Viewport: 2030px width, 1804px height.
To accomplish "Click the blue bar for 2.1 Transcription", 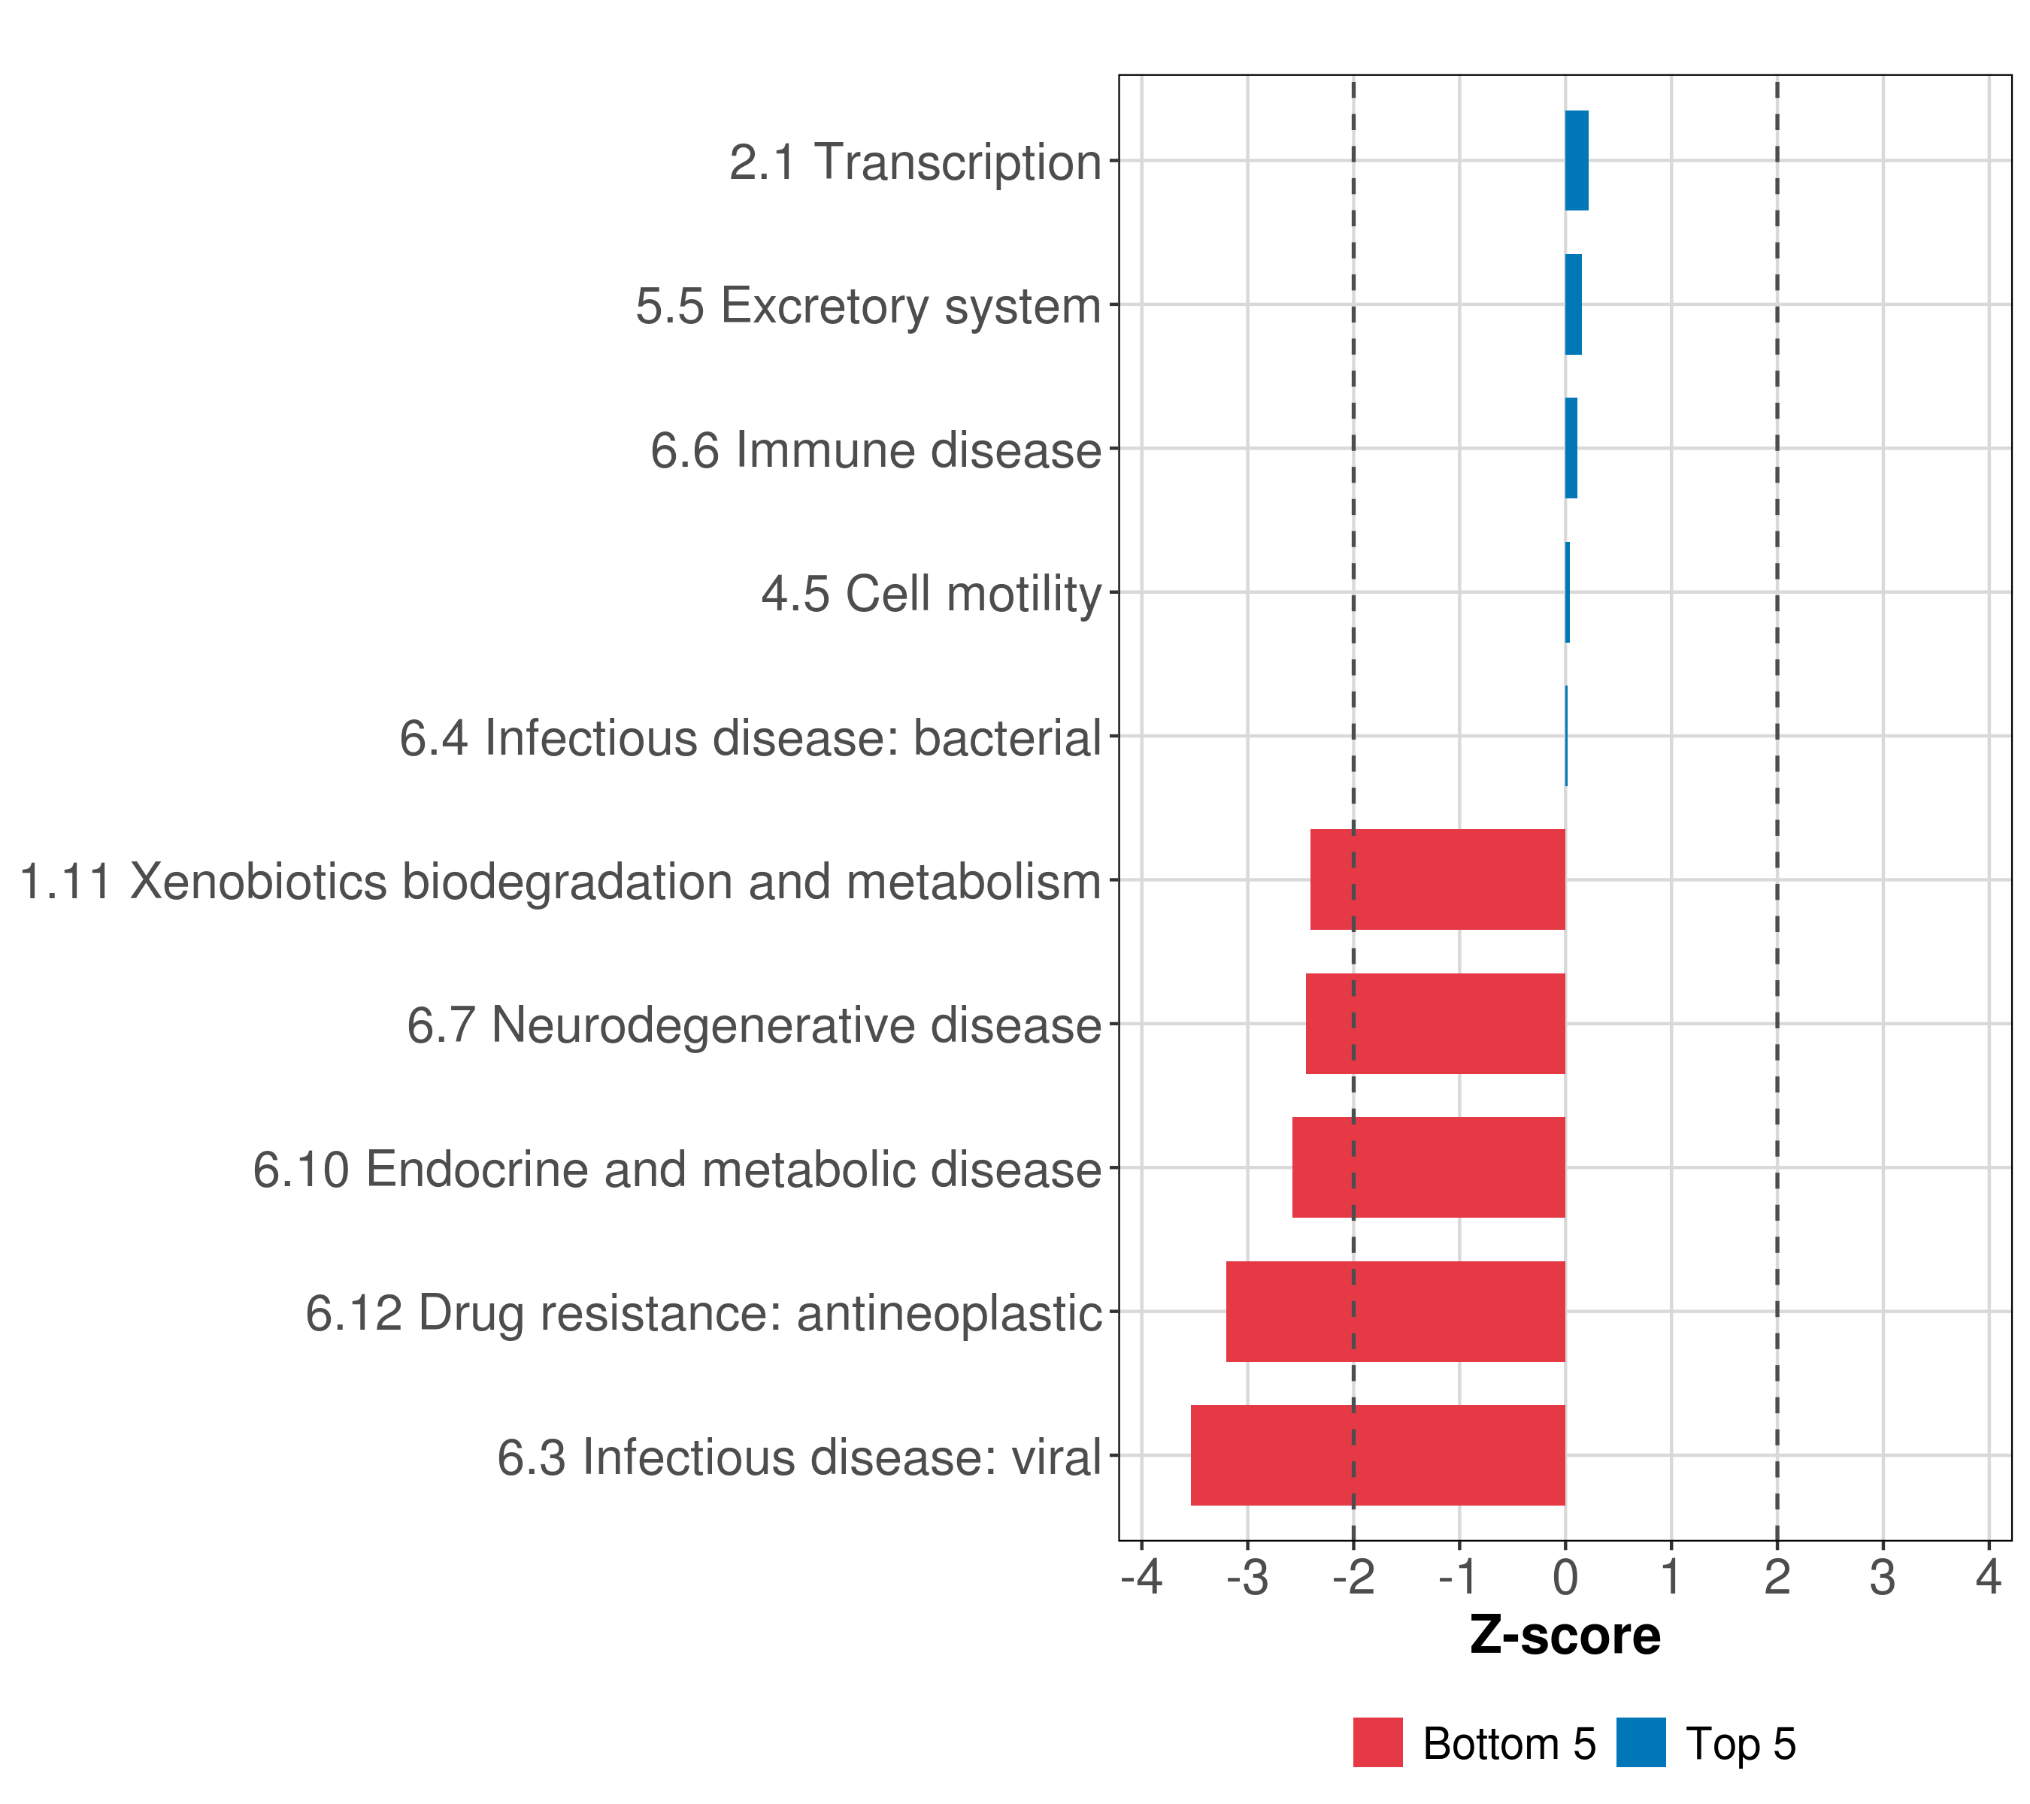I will (x=1576, y=161).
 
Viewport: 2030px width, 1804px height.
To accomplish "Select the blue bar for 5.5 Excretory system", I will (x=1573, y=305).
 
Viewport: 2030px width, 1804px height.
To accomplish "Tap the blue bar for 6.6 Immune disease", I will (x=1571, y=449).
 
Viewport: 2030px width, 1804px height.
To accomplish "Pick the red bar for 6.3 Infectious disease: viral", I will (x=1377, y=1455).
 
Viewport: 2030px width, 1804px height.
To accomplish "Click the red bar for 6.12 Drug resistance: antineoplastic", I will (x=1395, y=1312).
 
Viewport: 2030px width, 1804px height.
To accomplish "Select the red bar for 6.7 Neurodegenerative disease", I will (x=1435, y=1024).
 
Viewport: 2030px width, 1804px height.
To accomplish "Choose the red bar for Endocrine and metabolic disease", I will (x=1429, y=1167).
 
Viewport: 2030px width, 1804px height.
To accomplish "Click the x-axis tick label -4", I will (x=1141, y=1578).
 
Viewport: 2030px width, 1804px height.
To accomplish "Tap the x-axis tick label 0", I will (x=1565, y=1578).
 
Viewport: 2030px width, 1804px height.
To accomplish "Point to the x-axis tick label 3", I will (x=1883, y=1578).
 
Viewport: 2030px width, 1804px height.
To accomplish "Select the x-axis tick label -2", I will (x=1353, y=1578).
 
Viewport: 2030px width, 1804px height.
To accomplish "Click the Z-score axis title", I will (x=1565, y=1636).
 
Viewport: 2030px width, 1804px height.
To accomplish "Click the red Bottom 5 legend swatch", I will (x=1377, y=1743).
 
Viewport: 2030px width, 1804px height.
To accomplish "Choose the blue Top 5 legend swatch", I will (x=1641, y=1743).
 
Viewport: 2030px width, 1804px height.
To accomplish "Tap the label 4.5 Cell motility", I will (x=932, y=594).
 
